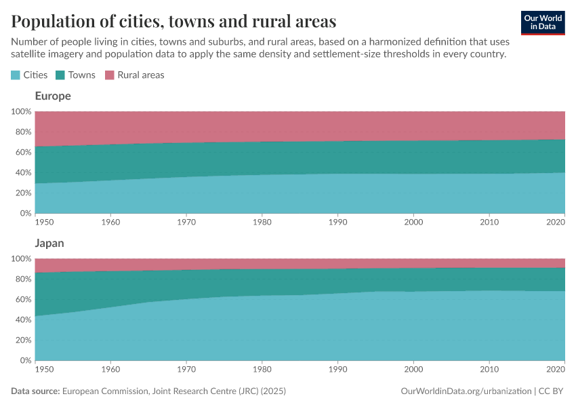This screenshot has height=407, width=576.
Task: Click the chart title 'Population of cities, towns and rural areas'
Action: (x=173, y=22)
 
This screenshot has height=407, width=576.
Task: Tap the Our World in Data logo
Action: (x=542, y=22)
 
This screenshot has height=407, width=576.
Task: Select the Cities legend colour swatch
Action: (x=16, y=75)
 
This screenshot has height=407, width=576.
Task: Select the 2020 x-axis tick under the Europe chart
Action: (x=555, y=222)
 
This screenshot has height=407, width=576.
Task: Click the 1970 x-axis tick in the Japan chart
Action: (x=186, y=369)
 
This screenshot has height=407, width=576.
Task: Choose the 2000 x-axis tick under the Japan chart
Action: (x=413, y=369)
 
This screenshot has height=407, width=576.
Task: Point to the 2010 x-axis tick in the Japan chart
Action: (x=489, y=369)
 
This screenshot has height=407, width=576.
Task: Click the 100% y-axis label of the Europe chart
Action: (x=20, y=111)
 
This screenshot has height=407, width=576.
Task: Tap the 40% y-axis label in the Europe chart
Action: (x=22, y=172)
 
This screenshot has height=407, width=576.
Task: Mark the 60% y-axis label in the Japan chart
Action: (x=22, y=299)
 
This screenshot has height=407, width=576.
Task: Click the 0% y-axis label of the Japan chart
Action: (x=24, y=360)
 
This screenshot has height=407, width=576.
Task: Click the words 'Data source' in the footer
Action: (x=35, y=391)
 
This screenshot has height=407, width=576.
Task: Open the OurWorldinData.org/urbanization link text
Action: (x=466, y=391)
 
